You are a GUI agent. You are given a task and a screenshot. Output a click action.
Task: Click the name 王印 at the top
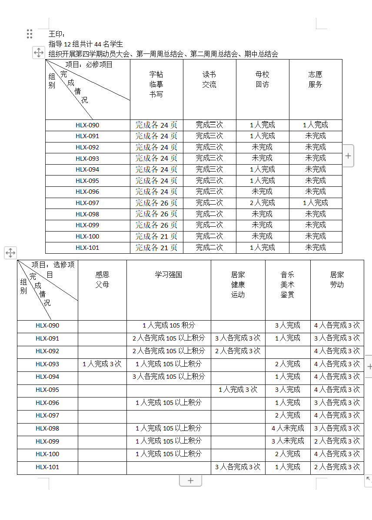click(56, 34)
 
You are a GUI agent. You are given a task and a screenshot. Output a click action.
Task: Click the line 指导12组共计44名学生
click(86, 44)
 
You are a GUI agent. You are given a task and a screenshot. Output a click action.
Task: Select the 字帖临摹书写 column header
click(156, 84)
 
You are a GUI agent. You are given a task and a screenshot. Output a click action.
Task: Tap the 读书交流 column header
click(209, 79)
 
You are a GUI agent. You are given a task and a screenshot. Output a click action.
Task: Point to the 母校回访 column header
click(262, 79)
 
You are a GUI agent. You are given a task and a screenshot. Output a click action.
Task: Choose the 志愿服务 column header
click(316, 79)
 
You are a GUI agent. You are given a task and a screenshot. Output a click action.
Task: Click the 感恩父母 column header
click(103, 280)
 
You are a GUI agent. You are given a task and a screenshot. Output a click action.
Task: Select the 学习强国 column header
click(169, 275)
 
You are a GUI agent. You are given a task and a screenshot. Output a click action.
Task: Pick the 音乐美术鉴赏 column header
click(288, 285)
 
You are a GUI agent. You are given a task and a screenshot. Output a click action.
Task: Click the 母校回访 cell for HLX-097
click(262, 203)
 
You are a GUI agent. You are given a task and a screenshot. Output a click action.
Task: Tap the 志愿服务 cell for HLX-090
click(316, 125)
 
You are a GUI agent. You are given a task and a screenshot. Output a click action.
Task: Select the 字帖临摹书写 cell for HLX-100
click(156, 236)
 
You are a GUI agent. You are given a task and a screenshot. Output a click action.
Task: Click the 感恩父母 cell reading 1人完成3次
click(102, 364)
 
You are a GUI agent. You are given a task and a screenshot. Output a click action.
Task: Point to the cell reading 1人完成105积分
click(169, 325)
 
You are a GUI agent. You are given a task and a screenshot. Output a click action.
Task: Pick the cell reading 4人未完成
click(288, 428)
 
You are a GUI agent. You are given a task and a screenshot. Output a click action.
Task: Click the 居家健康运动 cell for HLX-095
click(238, 390)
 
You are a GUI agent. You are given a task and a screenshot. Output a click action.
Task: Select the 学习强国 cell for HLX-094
click(169, 377)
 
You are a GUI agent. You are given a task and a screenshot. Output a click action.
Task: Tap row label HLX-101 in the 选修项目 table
click(47, 467)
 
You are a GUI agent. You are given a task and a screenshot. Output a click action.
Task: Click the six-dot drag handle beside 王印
click(30, 34)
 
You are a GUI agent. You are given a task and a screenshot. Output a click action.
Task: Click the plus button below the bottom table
click(190, 480)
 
